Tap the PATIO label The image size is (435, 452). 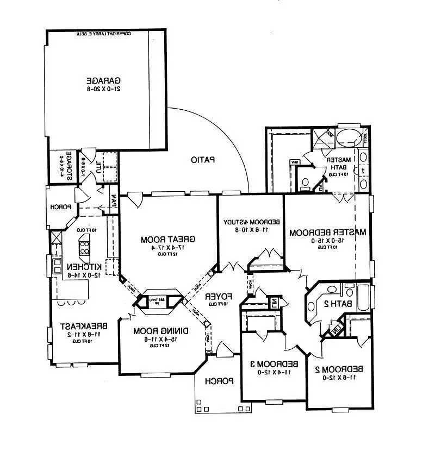203,160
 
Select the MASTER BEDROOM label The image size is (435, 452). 327,232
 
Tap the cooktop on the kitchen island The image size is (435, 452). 85,248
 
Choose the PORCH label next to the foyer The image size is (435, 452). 219,381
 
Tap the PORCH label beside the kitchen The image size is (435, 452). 59,206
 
